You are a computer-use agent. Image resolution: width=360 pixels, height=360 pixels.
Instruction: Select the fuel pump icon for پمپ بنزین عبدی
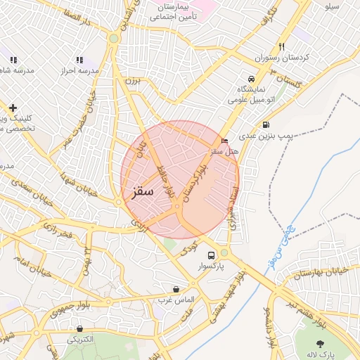point(265,126)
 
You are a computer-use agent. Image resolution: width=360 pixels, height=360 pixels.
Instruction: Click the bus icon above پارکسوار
point(212,255)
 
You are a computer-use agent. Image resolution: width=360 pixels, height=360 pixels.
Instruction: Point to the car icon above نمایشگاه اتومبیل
point(252,78)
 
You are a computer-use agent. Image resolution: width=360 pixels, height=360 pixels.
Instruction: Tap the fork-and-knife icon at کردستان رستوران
point(281,46)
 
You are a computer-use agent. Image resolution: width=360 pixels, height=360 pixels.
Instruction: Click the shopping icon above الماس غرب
point(175,289)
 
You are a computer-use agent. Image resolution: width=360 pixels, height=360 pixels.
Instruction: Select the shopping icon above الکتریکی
point(80,328)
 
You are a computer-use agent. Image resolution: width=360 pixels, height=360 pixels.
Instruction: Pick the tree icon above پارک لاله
point(321,343)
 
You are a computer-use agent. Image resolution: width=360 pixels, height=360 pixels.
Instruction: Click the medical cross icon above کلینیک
point(13,108)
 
